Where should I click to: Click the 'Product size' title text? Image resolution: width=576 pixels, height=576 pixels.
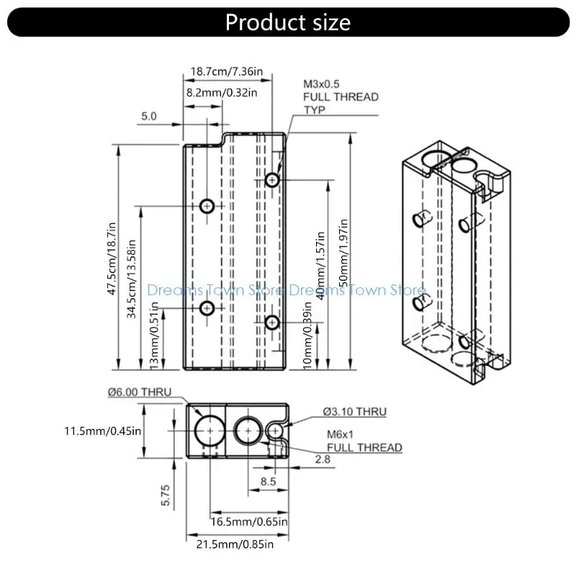click(288, 22)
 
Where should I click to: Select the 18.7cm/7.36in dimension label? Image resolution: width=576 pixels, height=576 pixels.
click(226, 72)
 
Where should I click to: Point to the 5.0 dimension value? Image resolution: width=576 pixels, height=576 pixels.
click(149, 116)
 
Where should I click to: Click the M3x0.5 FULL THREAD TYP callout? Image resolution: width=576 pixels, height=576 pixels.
click(341, 96)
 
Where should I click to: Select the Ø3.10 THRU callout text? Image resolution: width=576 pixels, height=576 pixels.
click(354, 412)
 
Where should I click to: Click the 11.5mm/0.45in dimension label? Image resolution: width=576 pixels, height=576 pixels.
click(102, 431)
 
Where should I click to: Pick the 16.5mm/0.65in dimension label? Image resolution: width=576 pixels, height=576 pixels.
click(249, 521)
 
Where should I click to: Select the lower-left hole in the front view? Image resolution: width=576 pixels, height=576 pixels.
click(207, 309)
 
